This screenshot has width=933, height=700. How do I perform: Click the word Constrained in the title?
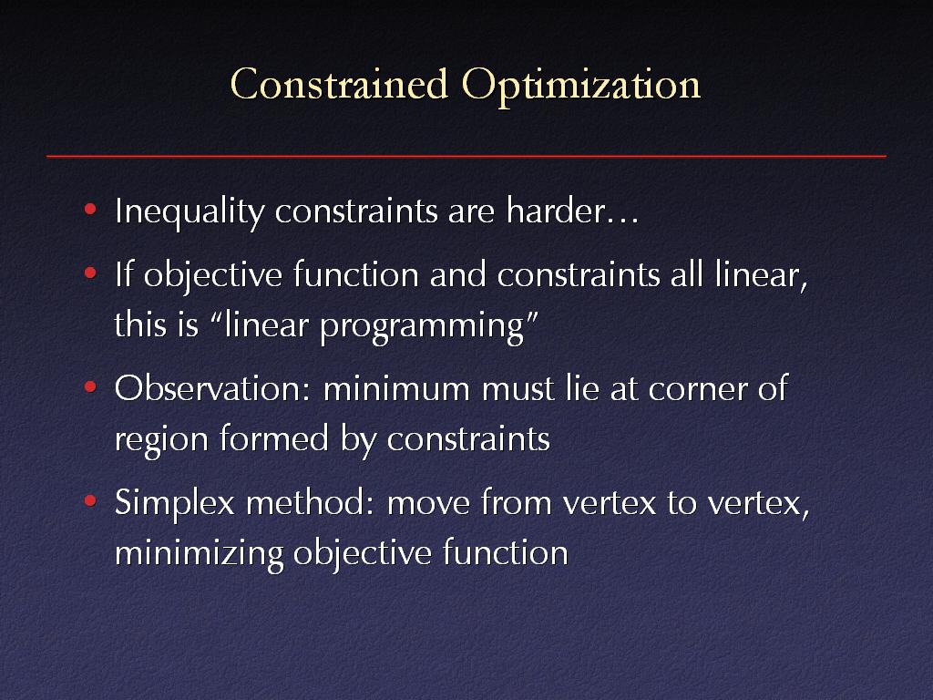click(339, 84)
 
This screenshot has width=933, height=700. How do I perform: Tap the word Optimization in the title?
click(581, 87)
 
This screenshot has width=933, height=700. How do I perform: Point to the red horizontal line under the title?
click(466, 156)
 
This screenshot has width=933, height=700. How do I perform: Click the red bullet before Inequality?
click(90, 209)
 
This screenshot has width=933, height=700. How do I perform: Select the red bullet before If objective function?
click(90, 273)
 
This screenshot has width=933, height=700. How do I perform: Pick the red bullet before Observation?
click(90, 386)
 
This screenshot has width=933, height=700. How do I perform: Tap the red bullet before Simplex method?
click(90, 500)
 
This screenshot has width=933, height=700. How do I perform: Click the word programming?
click(422, 328)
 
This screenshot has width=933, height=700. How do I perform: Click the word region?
click(161, 441)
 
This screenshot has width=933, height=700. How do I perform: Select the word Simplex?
click(175, 504)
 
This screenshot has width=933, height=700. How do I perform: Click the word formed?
click(274, 438)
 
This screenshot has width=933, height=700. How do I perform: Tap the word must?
click(518, 390)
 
